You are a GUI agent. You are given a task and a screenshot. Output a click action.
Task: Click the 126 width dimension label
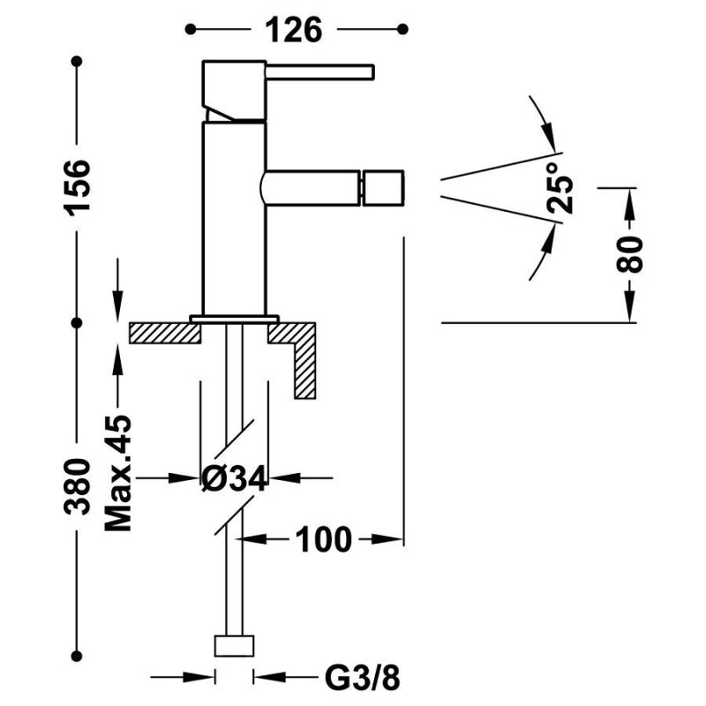(294, 30)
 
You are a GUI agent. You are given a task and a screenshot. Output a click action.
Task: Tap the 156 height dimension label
(78, 187)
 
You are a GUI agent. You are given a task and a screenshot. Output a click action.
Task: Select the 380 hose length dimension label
(78, 486)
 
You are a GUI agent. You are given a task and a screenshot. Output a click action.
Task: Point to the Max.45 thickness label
(118, 473)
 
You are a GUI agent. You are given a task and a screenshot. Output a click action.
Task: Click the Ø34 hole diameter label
(234, 477)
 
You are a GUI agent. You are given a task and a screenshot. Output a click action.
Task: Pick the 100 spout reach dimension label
(323, 539)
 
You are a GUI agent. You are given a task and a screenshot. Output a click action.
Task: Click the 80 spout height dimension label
(629, 254)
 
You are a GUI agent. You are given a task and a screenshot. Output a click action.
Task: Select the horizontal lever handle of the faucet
(319, 72)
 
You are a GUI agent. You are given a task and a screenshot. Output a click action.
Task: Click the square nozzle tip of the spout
(383, 188)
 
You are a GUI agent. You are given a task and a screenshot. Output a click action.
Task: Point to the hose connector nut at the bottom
(234, 646)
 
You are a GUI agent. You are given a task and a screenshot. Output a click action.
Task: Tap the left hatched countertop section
(165, 334)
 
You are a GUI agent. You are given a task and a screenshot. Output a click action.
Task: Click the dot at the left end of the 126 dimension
(191, 29)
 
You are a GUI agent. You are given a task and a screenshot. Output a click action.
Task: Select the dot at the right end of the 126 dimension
(403, 29)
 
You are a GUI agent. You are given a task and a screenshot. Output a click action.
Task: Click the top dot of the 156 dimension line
(77, 61)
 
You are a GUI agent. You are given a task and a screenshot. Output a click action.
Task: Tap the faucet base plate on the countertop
(234, 319)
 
